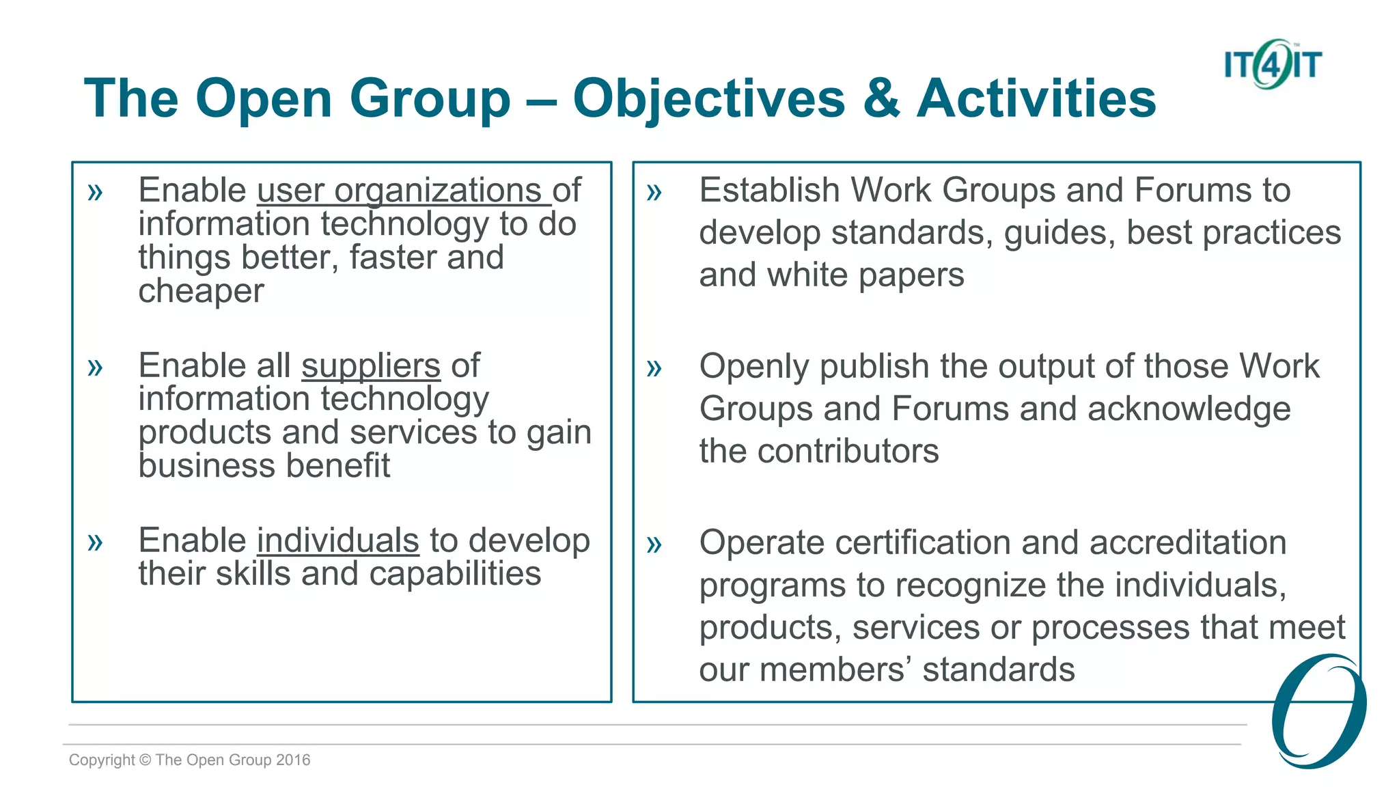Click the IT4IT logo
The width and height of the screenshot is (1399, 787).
(1272, 64)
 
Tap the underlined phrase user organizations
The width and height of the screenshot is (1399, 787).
(403, 191)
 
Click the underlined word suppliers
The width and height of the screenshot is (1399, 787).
(371, 366)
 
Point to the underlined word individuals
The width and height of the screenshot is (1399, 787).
(337, 541)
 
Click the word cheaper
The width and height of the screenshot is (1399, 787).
(201, 292)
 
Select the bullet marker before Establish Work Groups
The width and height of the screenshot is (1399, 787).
(654, 192)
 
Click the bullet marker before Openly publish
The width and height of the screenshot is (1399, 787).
(654, 368)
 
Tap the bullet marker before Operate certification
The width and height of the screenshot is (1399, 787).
(654, 544)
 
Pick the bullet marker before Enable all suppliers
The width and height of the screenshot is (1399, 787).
(95, 368)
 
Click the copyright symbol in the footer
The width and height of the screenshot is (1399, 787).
(145, 760)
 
